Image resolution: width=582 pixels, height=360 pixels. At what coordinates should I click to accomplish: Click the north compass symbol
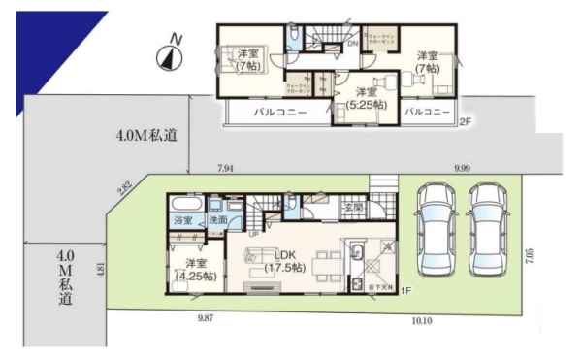(169, 56)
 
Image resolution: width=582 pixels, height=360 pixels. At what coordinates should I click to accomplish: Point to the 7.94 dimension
(226, 169)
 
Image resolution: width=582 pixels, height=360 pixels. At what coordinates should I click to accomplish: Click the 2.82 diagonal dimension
(125, 187)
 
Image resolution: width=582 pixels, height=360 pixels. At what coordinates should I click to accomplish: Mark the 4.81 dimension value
(101, 269)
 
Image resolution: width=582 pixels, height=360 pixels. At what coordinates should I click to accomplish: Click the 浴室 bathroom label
(183, 222)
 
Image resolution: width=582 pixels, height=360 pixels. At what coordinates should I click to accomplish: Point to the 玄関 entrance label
(353, 208)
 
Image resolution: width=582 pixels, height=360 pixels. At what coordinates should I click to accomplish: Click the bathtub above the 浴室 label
(184, 205)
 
